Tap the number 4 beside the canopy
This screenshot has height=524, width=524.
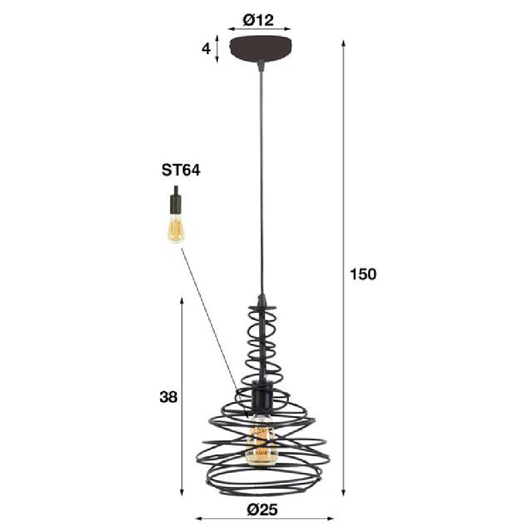206,49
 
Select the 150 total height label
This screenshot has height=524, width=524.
363,274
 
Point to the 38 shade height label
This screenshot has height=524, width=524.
169,397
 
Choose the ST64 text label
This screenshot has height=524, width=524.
181,171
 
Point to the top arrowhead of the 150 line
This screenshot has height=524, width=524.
344,41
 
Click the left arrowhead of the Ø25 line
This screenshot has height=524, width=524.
199,519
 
